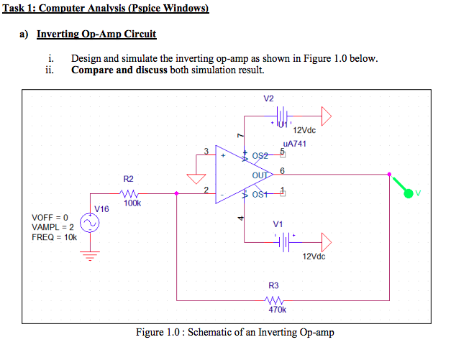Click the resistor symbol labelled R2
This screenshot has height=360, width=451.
129,193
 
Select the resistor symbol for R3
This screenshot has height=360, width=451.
274,300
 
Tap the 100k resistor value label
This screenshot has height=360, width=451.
132,203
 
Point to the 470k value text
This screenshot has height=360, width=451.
277,310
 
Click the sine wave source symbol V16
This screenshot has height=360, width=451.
90,223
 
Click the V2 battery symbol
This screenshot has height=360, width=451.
283,116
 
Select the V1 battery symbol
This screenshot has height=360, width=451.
284,242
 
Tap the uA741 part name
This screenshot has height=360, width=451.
294,144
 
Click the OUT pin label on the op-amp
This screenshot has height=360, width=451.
260,175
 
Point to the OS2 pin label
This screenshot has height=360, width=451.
260,156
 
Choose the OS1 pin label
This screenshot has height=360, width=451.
260,195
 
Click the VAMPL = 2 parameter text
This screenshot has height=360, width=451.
53,227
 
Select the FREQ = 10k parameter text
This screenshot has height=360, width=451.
55,237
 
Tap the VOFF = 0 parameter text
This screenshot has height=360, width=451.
50,217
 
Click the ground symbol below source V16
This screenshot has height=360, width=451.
90,256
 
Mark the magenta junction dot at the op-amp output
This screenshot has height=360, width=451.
389,175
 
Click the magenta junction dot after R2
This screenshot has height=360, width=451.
177,193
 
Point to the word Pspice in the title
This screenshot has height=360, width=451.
145,9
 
